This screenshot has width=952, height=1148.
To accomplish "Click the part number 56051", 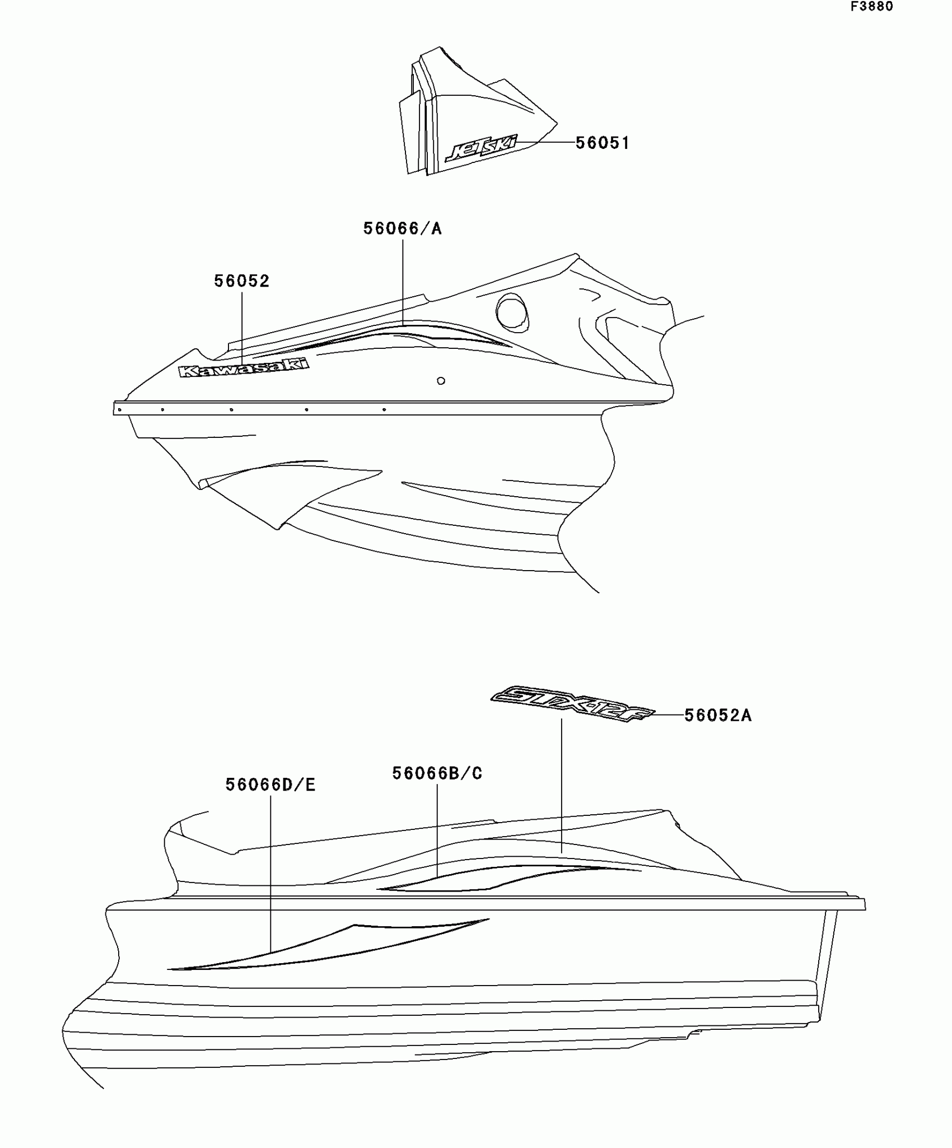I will coord(603,143).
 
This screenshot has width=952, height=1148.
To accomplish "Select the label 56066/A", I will coord(402,228).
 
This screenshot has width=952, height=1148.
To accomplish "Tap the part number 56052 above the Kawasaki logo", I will coord(242,281).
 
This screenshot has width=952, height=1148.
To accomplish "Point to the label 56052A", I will coord(718,716).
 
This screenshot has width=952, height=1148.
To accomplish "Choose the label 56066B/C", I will coord(437,773).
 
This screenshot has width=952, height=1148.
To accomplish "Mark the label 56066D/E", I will coord(270,785).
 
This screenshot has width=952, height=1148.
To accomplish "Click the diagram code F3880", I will coord(872,7).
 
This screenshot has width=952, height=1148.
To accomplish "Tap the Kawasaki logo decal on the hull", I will coord(244,368).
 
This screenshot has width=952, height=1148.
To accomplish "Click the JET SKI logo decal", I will coord(481,148).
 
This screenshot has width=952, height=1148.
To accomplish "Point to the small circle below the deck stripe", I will coord(441,381).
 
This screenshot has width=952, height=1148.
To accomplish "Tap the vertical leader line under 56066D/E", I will coord(270,874).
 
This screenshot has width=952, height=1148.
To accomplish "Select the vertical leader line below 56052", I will coord(242,325).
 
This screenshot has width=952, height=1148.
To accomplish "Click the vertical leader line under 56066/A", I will coord(403,280).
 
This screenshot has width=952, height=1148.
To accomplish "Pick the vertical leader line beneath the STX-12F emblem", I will coord(561,784).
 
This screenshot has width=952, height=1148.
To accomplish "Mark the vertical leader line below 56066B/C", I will coord(437,829).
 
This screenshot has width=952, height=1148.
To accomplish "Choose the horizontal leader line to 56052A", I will coord(668,715).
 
